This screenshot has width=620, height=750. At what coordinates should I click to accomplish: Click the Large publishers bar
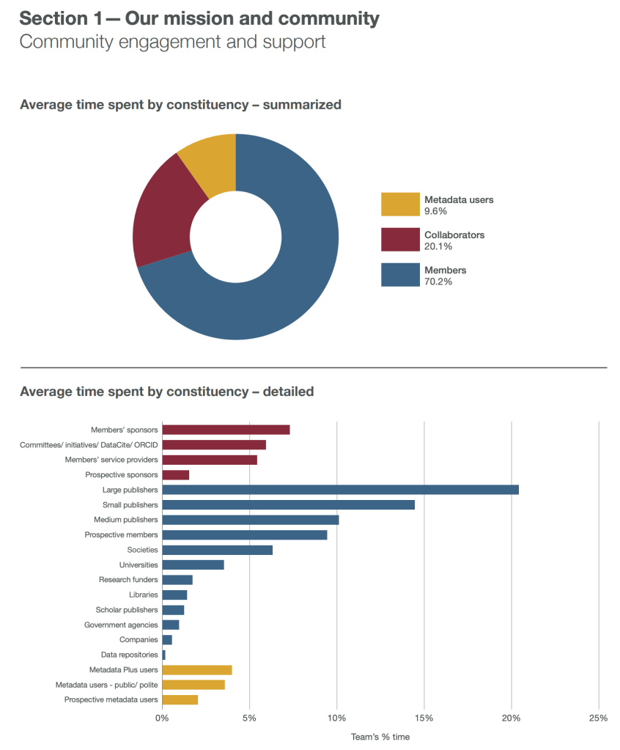coord(340,490)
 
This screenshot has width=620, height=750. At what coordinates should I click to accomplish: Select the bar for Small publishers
coord(288,505)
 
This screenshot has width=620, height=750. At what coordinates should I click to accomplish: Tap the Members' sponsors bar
coord(226,430)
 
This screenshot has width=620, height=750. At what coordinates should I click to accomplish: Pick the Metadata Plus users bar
coord(196,670)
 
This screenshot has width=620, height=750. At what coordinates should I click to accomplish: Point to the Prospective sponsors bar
coord(175,475)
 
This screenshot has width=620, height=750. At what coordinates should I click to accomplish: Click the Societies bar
coord(217,550)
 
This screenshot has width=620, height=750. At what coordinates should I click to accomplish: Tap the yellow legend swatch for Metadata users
coord(400,205)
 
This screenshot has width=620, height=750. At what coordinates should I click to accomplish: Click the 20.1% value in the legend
coord(436,246)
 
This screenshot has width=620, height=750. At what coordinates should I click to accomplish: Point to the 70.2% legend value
coord(436,282)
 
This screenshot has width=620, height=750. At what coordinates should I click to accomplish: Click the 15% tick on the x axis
coord(424,718)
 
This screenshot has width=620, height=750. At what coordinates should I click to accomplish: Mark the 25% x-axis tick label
coord(598,718)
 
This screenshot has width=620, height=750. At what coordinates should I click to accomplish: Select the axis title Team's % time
coord(380,737)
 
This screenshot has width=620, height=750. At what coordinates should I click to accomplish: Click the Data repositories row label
coord(129,655)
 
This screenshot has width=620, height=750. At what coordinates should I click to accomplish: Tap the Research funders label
coord(128,580)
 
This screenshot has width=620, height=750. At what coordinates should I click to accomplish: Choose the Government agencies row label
coord(121,625)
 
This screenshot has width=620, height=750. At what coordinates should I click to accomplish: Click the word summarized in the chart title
coord(301,105)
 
